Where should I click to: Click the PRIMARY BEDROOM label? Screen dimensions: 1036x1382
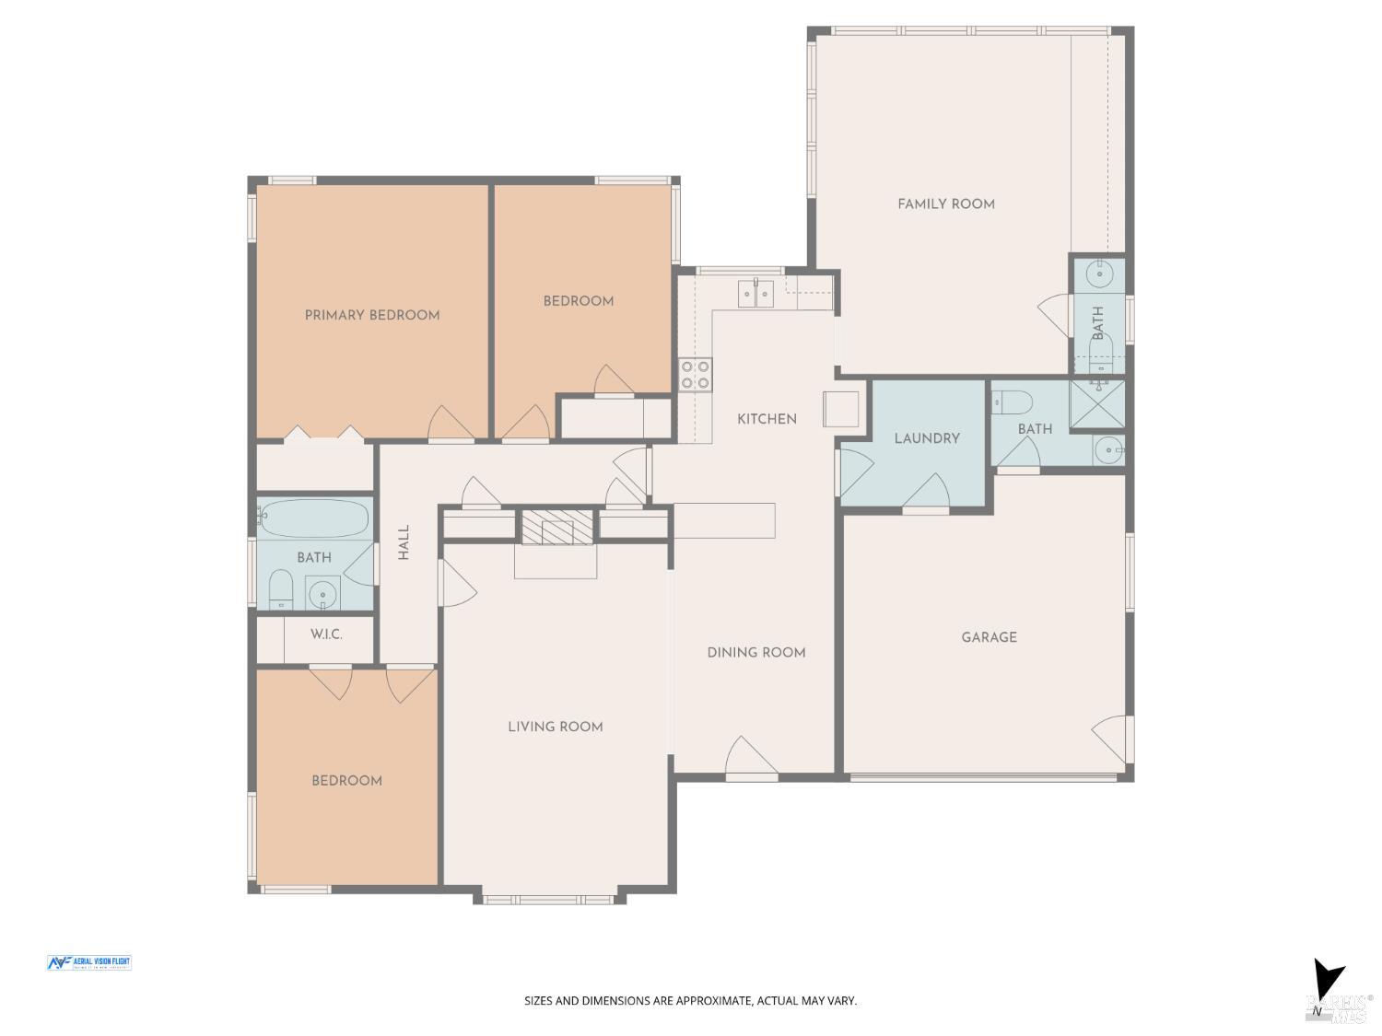pyautogui.click(x=372, y=315)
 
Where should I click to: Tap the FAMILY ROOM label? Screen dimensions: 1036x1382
pyautogui.click(x=946, y=204)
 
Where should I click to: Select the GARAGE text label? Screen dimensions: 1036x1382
pyautogui.click(x=989, y=637)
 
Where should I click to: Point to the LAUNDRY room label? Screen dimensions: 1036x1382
pyautogui.click(x=927, y=438)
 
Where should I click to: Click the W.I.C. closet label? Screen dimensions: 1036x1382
pyautogui.click(x=326, y=634)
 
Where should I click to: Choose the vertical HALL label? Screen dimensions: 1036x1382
pyautogui.click(x=404, y=542)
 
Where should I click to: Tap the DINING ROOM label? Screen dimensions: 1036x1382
pyautogui.click(x=755, y=652)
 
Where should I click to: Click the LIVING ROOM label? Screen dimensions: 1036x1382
pyautogui.click(x=555, y=727)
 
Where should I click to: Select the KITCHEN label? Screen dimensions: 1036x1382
pyautogui.click(x=767, y=419)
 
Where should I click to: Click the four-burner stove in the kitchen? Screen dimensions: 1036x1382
pyautogui.click(x=695, y=374)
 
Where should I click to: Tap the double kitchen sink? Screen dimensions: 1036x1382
pyautogui.click(x=756, y=294)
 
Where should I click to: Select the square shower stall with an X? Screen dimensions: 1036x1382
pyautogui.click(x=1096, y=404)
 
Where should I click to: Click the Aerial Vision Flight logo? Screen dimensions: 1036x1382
pyautogui.click(x=88, y=962)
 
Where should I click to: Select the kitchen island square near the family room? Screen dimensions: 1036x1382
pyautogui.click(x=840, y=409)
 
